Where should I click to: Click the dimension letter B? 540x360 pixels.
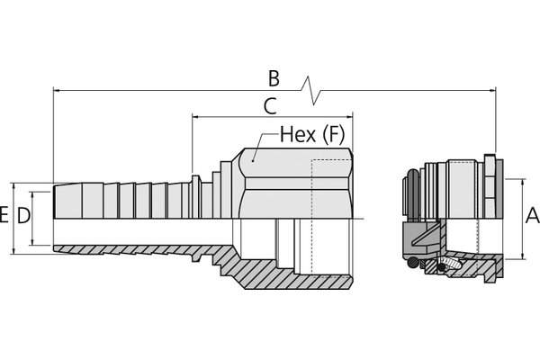(x=274, y=78)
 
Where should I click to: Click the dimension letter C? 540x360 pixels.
(x=270, y=106)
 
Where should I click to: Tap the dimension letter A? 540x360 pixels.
(x=533, y=216)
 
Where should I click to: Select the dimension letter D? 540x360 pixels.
(x=23, y=216)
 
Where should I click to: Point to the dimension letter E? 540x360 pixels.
(x=4, y=215)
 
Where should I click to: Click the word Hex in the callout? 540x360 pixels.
(x=298, y=134)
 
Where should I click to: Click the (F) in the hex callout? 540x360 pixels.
(x=333, y=135)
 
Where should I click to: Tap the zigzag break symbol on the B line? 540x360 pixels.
(x=311, y=90)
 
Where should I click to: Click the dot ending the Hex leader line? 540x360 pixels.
(x=253, y=160)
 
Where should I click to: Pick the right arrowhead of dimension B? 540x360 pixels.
(x=491, y=91)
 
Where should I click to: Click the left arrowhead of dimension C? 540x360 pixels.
(x=196, y=117)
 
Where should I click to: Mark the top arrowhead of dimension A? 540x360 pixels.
(x=523, y=183)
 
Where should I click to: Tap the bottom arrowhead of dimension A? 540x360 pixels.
(x=523, y=256)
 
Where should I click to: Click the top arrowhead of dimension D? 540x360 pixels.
(x=32, y=195)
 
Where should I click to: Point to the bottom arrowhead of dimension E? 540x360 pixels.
(x=13, y=250)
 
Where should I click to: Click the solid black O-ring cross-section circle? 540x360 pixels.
(x=440, y=267)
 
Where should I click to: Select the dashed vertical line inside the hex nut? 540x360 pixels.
(x=312, y=217)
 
